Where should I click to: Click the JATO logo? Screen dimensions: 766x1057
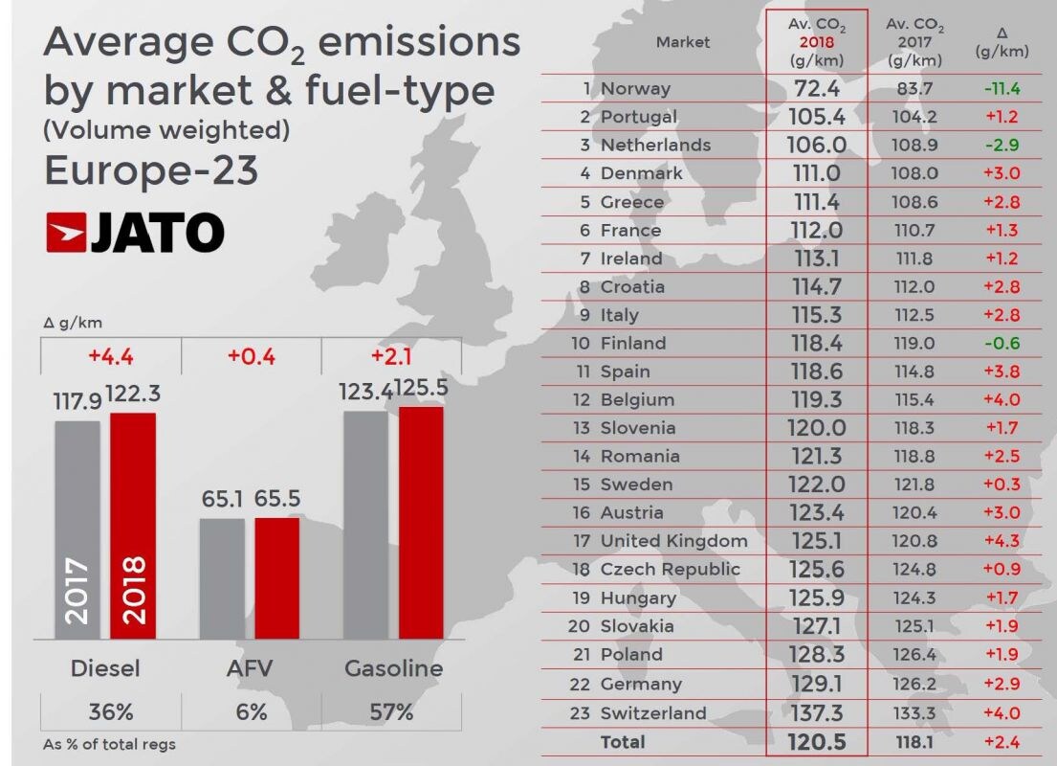pos(135,233)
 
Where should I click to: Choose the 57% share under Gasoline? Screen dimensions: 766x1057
pos(392,711)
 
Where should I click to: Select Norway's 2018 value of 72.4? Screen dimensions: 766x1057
pos(816,89)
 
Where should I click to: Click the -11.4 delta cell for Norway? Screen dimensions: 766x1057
pos(1002,89)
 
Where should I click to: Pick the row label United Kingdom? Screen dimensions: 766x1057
pos(673,541)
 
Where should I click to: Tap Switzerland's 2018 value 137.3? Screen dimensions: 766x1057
pos(816,713)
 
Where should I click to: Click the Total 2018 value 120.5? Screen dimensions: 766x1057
pos(816,742)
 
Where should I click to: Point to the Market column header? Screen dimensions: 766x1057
pos(683,42)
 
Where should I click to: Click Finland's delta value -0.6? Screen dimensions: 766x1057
pos(1002,343)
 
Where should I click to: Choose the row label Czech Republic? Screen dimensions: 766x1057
pos(670,569)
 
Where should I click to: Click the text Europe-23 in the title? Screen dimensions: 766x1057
pos(151,170)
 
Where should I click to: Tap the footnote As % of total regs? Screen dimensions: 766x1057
pos(109,744)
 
